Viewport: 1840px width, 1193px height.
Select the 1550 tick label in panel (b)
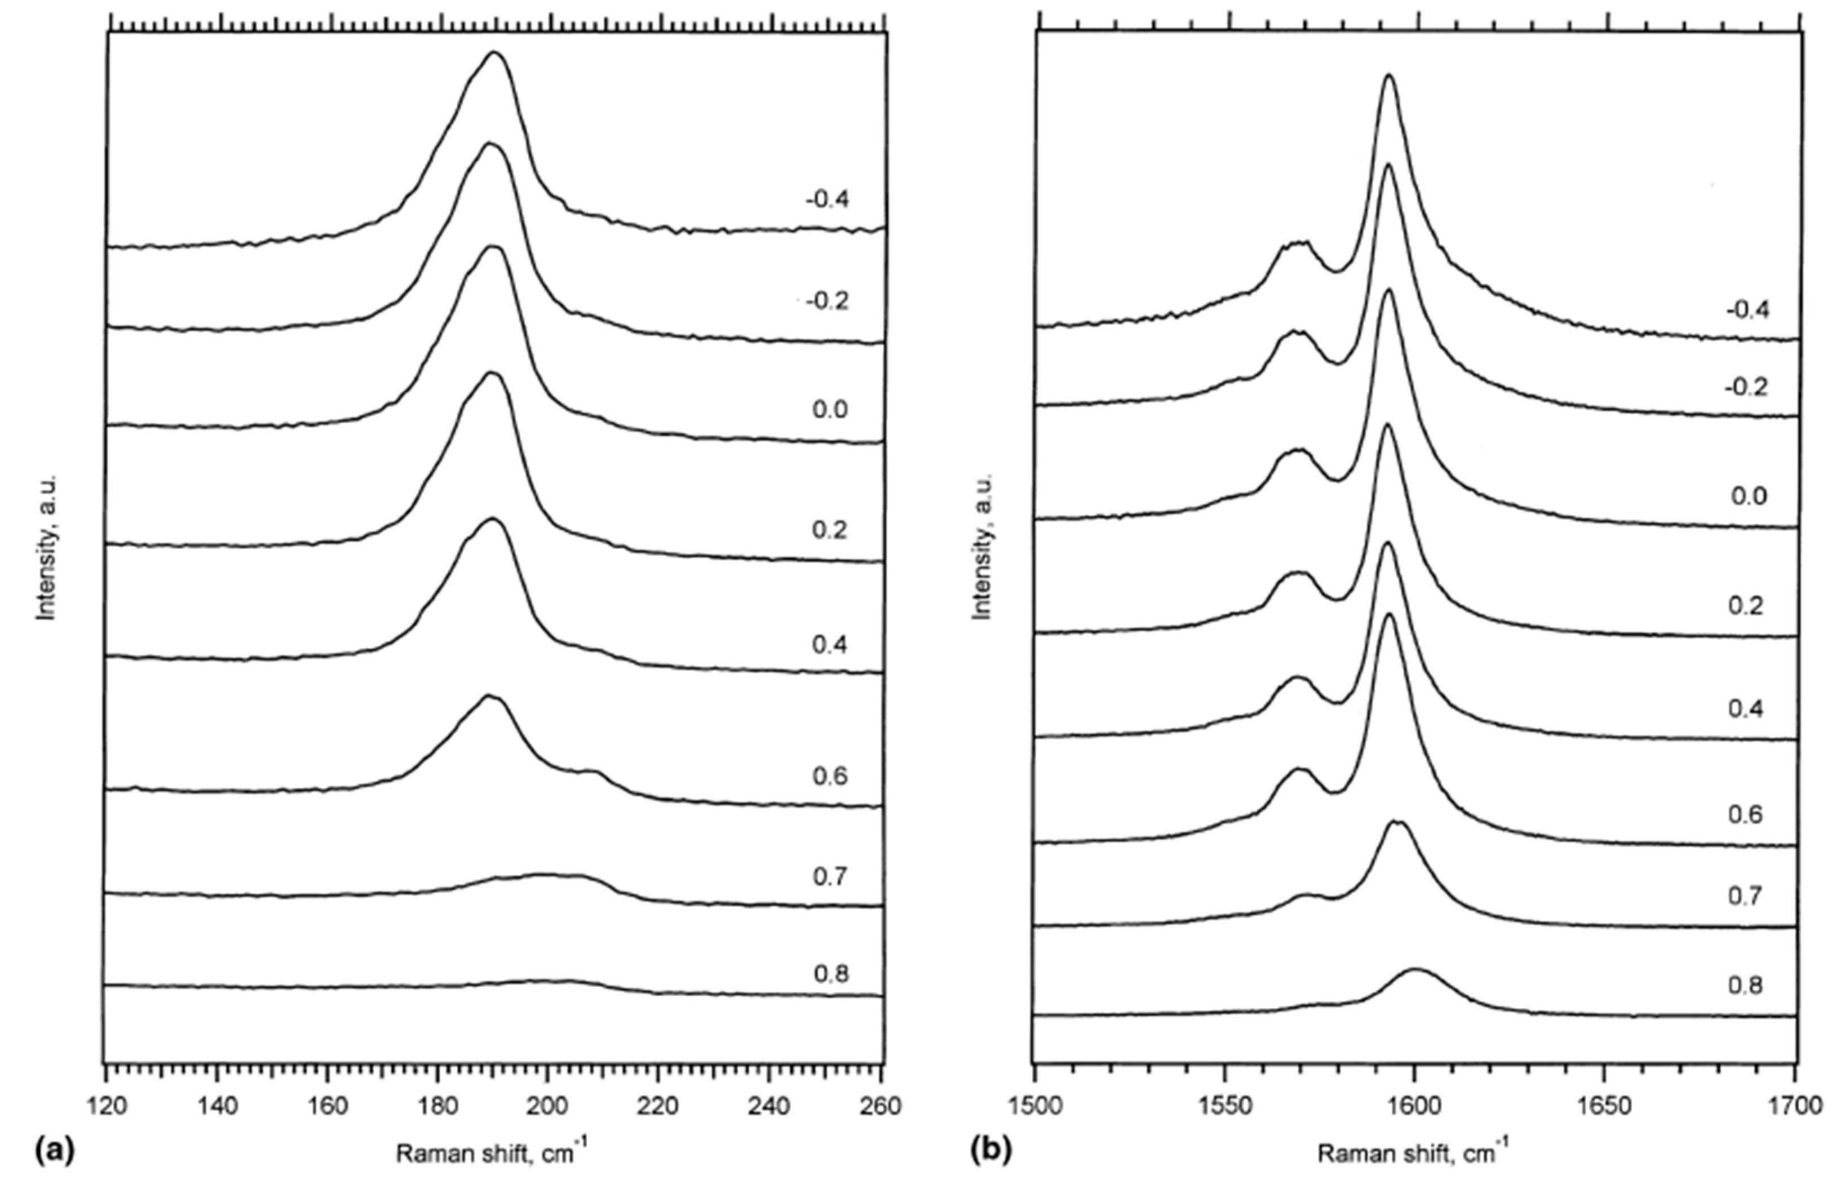[x=1224, y=1106]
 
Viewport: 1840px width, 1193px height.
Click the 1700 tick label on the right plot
[x=1795, y=1106]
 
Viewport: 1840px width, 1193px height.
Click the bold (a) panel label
[x=54, y=1151]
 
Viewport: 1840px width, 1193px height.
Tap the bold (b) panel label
[x=989, y=1151]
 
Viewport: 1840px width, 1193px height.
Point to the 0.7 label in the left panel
[x=830, y=877]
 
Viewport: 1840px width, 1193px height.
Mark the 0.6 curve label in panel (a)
[x=830, y=776]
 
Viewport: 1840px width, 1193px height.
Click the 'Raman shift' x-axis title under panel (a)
[x=495, y=1153]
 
